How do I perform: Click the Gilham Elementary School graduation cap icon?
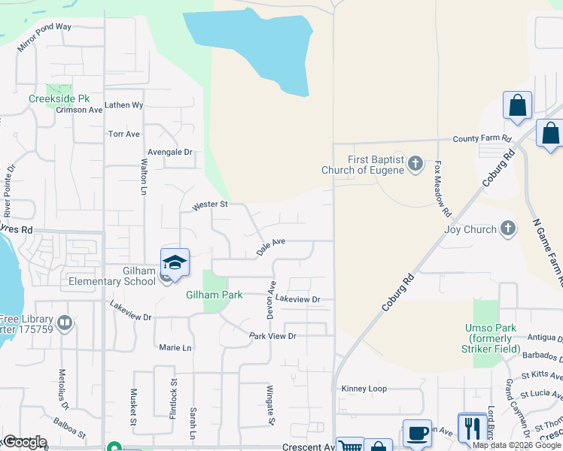click(175, 262)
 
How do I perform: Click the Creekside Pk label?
click(59, 98)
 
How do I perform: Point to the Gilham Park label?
click(215, 295)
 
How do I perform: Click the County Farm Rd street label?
click(482, 139)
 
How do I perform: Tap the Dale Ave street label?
click(271, 247)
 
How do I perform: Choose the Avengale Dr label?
click(169, 152)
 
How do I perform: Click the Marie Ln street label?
click(175, 348)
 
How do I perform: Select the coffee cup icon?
click(418, 433)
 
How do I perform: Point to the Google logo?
click(24, 442)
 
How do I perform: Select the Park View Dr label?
click(272, 336)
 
